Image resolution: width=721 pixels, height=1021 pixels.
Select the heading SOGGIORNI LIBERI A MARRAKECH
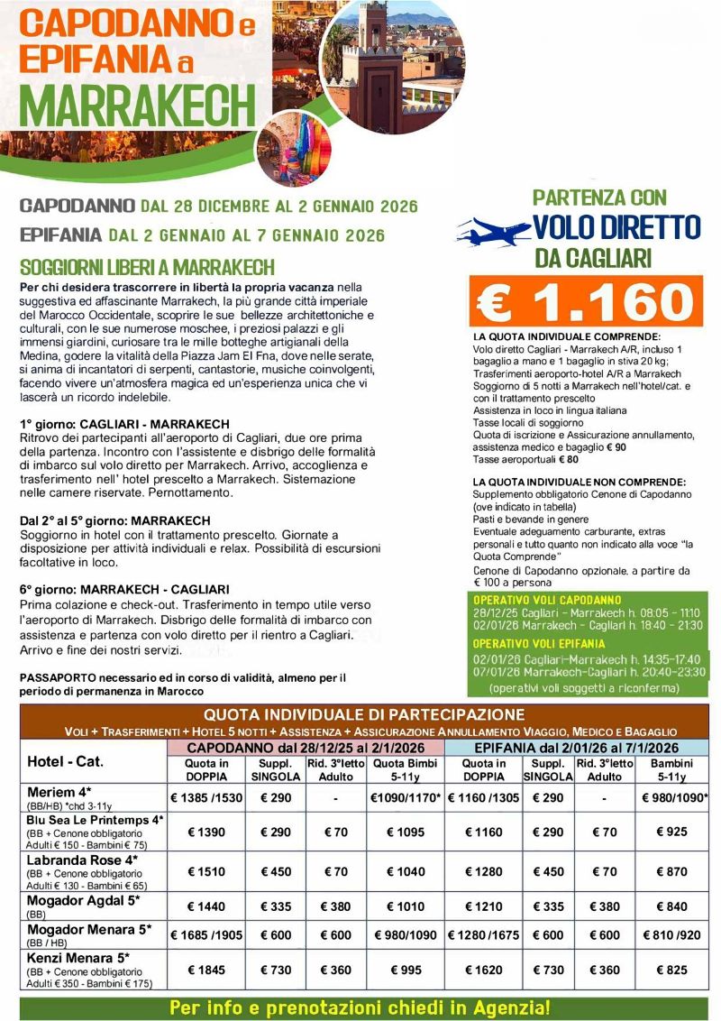point(147,268)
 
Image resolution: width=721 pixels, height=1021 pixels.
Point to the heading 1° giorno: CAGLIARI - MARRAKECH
point(124,423)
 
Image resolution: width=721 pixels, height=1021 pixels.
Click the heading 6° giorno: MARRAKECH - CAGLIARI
point(124,589)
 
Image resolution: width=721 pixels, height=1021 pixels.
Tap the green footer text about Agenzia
point(360,1007)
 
